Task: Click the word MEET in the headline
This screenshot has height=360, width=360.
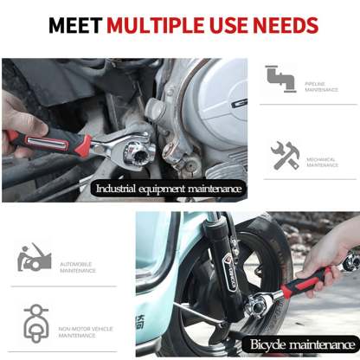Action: pos(74,24)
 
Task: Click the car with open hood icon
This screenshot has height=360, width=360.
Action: pos(33,257)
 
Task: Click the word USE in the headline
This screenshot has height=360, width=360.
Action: pos(232,24)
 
